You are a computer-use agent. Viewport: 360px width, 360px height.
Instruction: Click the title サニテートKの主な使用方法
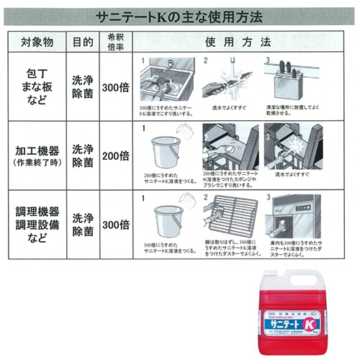point(179,14)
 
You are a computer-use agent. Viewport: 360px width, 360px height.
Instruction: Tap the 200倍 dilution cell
point(115,155)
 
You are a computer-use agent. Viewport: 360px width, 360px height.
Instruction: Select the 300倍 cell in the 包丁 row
point(115,87)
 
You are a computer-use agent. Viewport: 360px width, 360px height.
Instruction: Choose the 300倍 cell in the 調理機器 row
point(115,223)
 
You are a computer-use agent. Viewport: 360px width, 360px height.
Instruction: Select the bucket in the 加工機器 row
point(166,151)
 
